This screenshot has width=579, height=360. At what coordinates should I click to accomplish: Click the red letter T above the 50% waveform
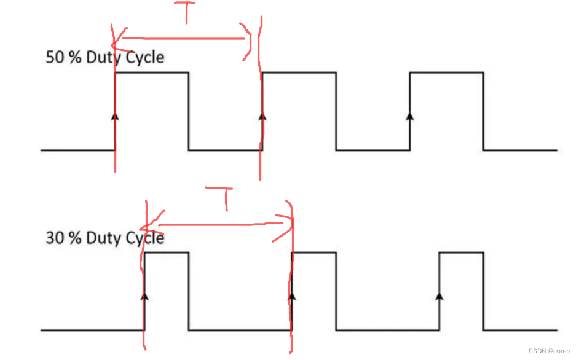(x=186, y=14)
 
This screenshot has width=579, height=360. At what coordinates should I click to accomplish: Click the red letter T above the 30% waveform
(x=226, y=198)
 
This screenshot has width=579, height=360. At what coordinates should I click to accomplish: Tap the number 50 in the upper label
(x=54, y=58)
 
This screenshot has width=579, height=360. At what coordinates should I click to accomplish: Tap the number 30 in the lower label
(x=54, y=238)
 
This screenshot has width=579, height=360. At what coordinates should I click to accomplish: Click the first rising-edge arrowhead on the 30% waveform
(x=144, y=295)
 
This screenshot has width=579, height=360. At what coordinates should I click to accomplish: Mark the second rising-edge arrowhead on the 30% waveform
(x=292, y=295)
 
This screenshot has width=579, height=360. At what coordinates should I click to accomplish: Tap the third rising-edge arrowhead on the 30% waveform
(x=439, y=295)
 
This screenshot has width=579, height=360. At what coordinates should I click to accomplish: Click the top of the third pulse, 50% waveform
(x=447, y=72)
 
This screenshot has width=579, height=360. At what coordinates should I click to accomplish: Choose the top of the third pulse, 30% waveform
(x=462, y=252)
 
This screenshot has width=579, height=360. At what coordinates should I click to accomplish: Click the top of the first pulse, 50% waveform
(x=152, y=72)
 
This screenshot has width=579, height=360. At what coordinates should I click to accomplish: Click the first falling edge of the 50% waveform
(x=189, y=111)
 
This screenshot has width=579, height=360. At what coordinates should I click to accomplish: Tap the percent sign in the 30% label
(x=75, y=238)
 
